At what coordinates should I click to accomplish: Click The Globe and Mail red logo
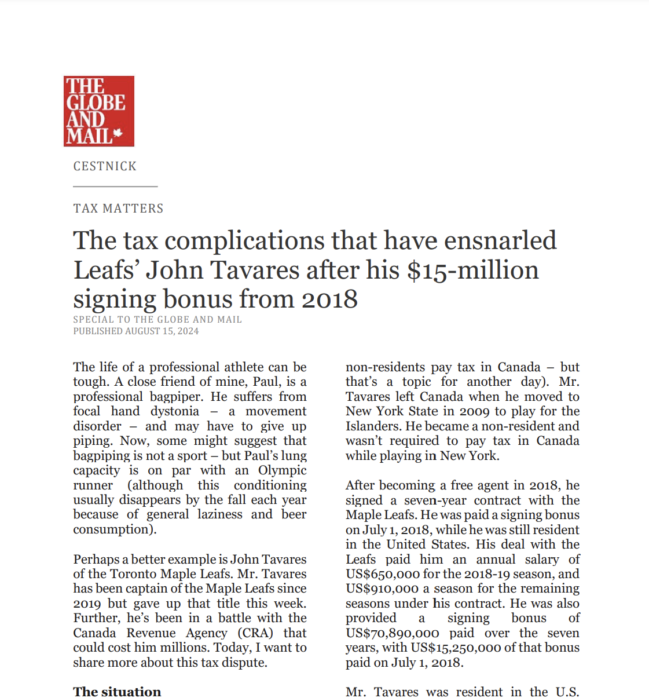click(x=98, y=111)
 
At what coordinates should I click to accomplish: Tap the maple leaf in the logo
click(x=118, y=134)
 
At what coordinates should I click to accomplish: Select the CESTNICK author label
click(x=105, y=166)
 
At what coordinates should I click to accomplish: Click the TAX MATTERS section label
click(x=118, y=209)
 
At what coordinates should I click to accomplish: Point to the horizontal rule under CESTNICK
click(x=115, y=187)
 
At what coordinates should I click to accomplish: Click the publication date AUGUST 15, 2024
click(x=162, y=331)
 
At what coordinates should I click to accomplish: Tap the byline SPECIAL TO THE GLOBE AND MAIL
click(x=157, y=319)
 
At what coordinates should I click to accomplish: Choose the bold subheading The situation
click(x=117, y=692)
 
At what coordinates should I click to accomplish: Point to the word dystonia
click(x=174, y=411)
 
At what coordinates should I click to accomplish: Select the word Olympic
click(x=282, y=470)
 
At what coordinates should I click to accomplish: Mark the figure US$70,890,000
click(x=392, y=633)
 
